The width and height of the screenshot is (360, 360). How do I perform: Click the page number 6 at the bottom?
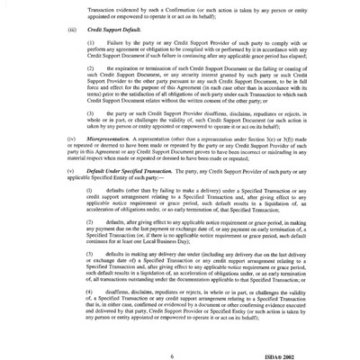[183, 334]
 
